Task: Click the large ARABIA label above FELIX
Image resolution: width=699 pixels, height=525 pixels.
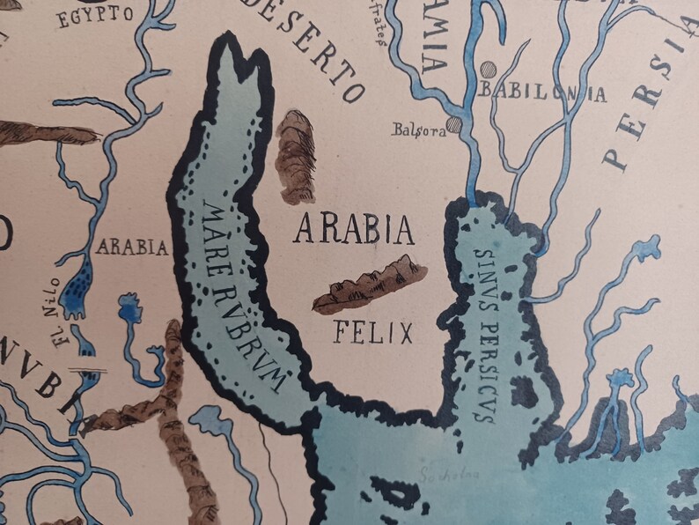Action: (x=354, y=230)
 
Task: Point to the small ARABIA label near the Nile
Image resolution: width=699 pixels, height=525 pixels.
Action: (x=132, y=248)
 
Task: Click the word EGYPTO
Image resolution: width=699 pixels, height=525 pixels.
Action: (x=95, y=14)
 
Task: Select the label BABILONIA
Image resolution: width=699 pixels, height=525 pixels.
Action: (x=543, y=92)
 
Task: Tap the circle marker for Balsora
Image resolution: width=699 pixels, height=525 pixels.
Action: (x=453, y=125)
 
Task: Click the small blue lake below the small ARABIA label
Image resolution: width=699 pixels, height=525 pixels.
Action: (x=132, y=308)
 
